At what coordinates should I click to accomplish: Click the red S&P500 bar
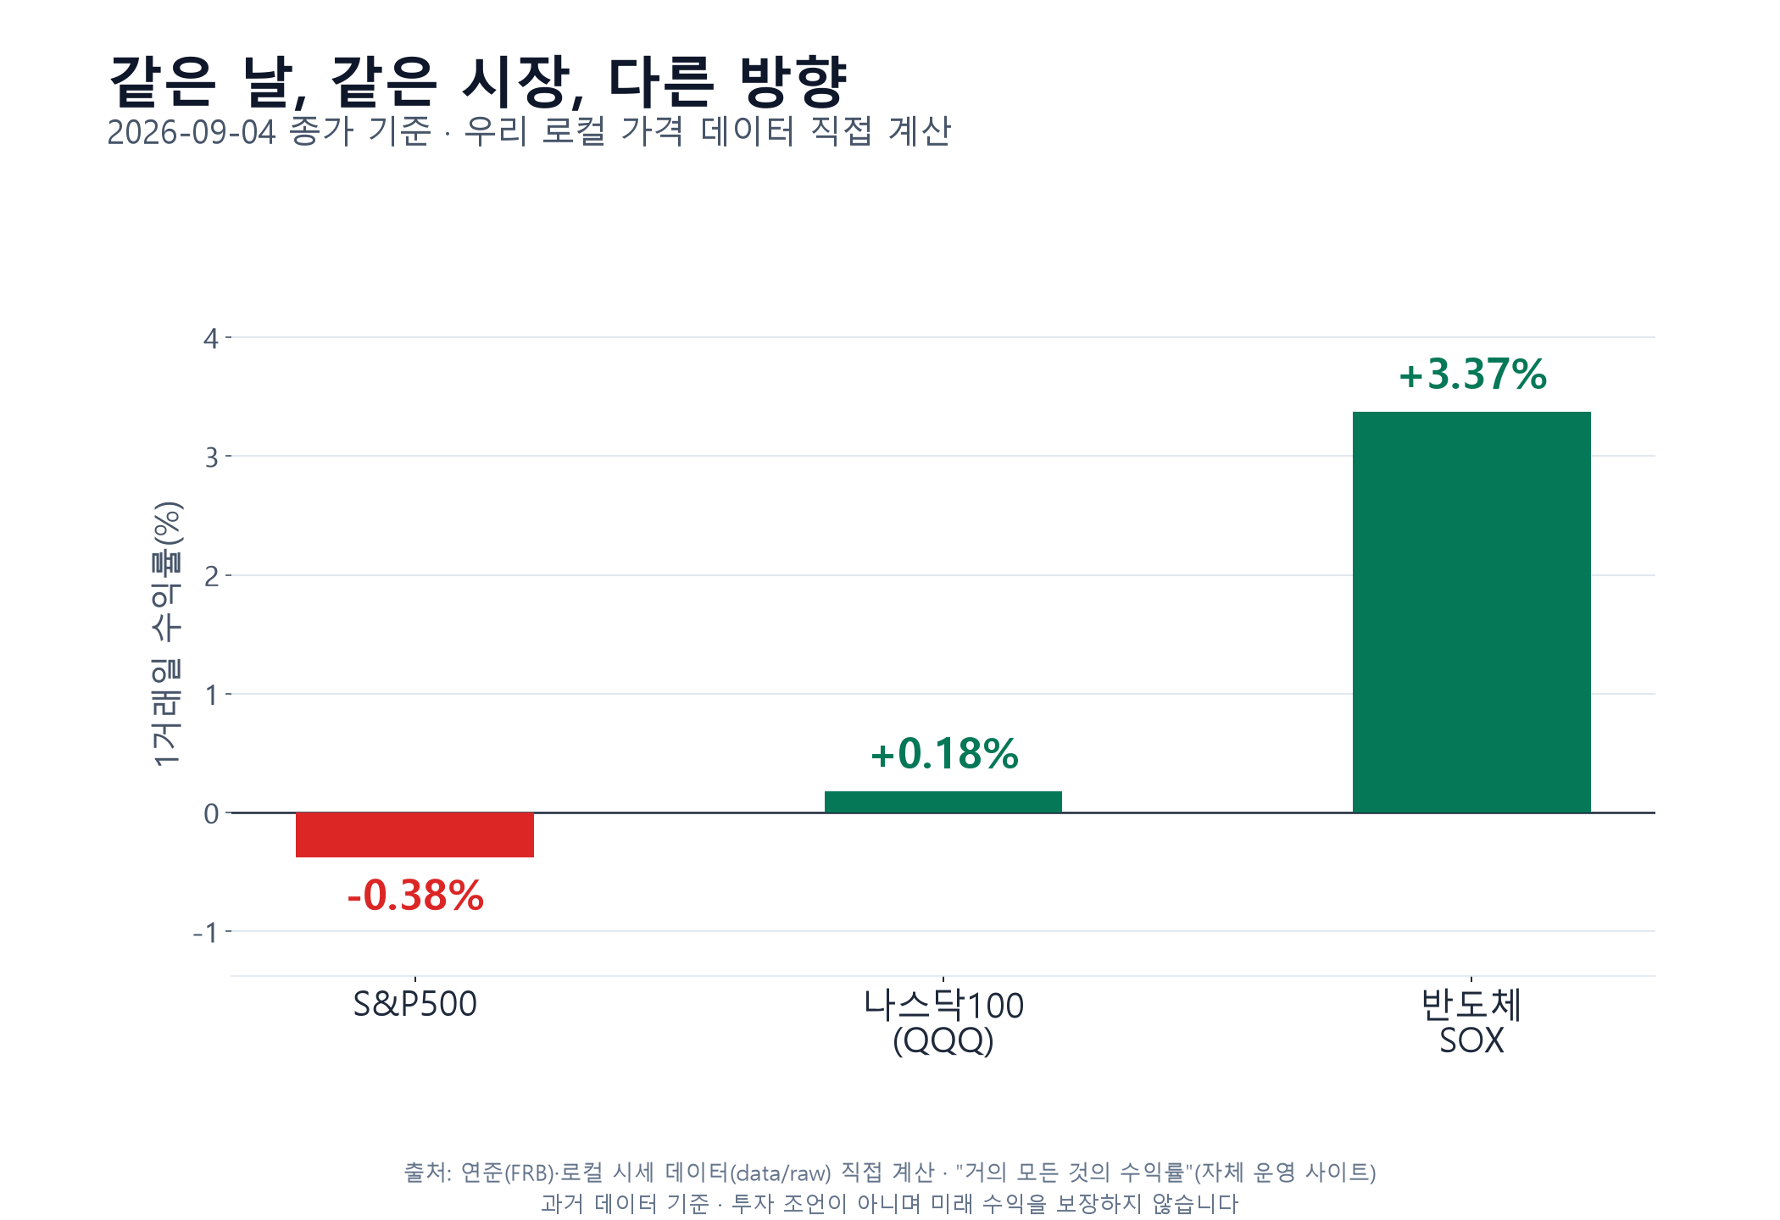[x=414, y=835]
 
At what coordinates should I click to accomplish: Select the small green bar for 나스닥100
[x=943, y=802]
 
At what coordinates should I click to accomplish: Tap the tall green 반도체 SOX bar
[x=1471, y=613]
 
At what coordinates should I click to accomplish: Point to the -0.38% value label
[x=415, y=896]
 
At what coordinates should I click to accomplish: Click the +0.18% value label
[x=944, y=753]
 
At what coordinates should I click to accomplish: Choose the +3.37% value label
[x=1472, y=374]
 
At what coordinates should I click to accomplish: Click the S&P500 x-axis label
[x=414, y=1004]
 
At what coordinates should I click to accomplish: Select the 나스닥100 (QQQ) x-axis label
[x=943, y=1023]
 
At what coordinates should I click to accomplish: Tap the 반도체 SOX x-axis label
[x=1471, y=1023]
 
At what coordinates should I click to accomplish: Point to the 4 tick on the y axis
[x=211, y=339]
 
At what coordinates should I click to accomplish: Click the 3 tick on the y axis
[x=211, y=457]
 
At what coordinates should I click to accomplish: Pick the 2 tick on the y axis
[x=211, y=576]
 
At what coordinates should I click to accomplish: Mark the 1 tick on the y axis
[x=211, y=695]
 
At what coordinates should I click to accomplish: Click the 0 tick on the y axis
[x=211, y=813]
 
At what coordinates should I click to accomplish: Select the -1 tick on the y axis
[x=205, y=932]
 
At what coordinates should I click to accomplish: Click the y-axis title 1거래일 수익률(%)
[x=166, y=634]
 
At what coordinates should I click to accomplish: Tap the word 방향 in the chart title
[x=793, y=81]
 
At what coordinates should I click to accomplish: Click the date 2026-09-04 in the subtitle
[x=192, y=132]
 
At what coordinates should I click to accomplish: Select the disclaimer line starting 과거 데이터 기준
[x=890, y=1204]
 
